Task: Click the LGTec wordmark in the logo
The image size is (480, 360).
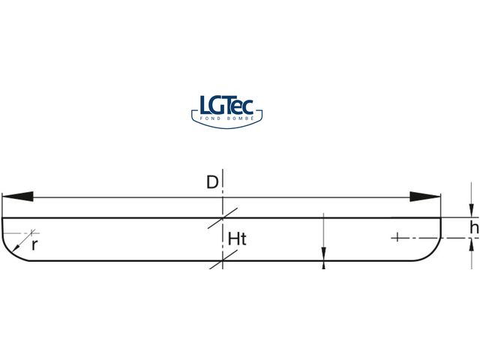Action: tap(229, 104)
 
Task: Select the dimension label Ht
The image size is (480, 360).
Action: tap(237, 239)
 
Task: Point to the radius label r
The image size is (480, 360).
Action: tap(34, 244)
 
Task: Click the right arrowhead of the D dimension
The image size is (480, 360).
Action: tap(424, 197)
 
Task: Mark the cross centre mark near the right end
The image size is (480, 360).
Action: tap(398, 238)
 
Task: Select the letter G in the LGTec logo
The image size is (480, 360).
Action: tap(217, 104)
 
